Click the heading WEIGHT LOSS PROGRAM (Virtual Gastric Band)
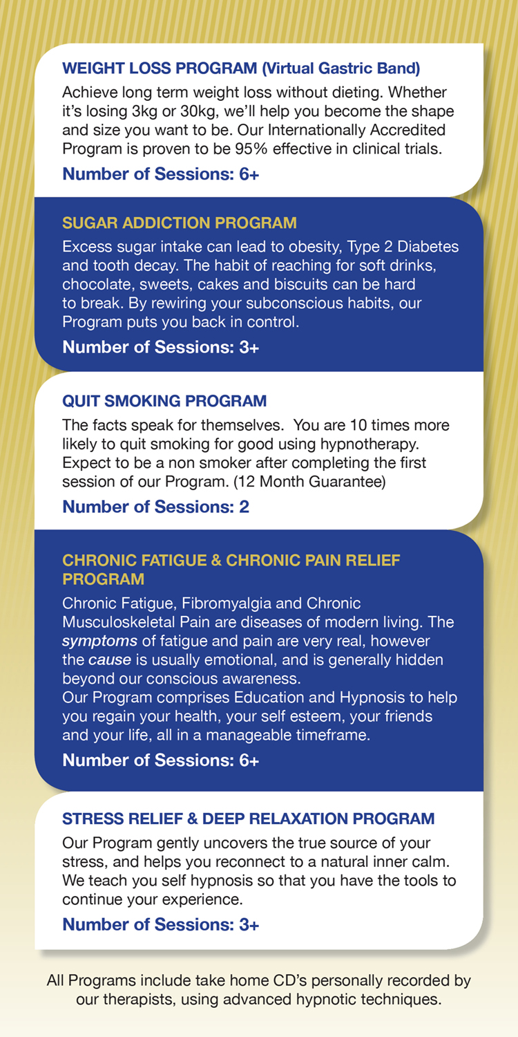(241, 68)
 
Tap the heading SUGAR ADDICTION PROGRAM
(180, 223)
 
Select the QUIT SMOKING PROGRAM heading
(164, 401)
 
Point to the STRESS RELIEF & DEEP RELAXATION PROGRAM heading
(249, 819)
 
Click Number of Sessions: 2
(155, 507)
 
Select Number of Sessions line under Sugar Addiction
(161, 347)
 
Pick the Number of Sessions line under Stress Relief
(161, 924)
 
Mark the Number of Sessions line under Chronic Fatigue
(161, 761)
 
